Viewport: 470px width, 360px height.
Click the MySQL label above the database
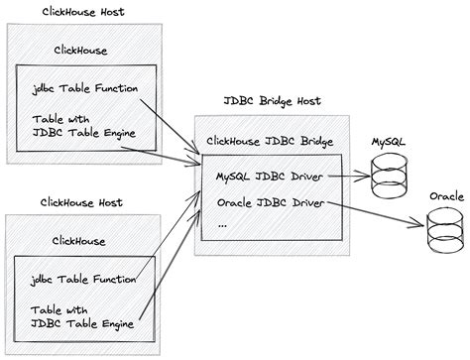click(388, 144)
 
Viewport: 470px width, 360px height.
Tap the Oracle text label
click(446, 196)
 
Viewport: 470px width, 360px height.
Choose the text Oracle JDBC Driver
click(267, 204)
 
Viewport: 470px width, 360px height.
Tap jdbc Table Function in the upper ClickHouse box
click(84, 88)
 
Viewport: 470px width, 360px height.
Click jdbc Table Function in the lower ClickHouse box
click(84, 279)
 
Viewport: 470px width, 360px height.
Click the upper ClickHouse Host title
click(85, 12)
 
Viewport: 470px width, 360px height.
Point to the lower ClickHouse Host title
click(85, 201)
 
